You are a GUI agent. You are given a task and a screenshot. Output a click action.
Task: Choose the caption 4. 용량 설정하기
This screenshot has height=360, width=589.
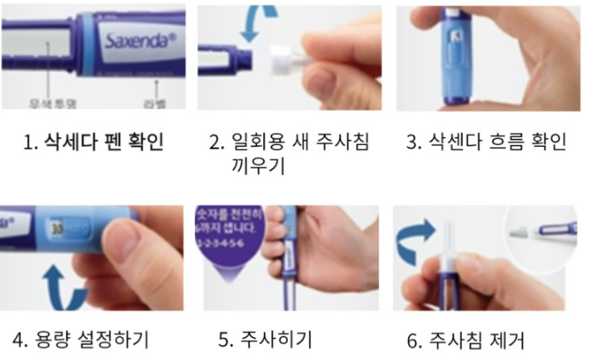click(x=78, y=338)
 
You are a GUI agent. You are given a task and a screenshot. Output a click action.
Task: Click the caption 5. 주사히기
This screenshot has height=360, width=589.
click(x=267, y=338)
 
